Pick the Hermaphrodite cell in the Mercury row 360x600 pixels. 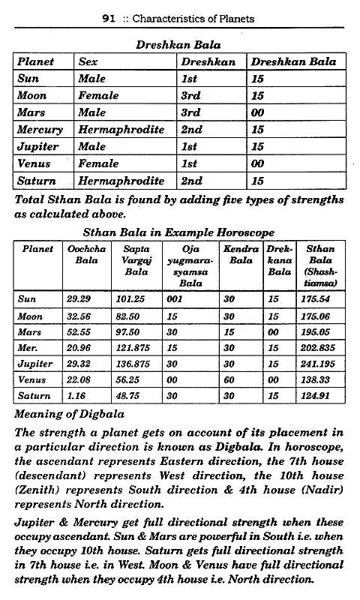point(121,130)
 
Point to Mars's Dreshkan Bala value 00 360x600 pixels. point(257,112)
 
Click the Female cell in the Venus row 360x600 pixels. point(95,163)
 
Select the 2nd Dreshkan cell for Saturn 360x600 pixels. point(191,181)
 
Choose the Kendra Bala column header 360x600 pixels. point(241,254)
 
